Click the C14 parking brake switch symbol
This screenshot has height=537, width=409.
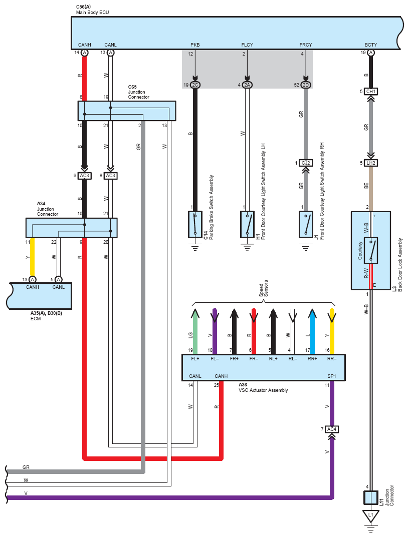pos(195,224)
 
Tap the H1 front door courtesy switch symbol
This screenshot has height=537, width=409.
pos(247,224)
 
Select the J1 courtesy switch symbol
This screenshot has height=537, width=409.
pos(306,224)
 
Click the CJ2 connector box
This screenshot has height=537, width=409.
pos(305,163)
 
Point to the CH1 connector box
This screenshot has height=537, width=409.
pos(370,92)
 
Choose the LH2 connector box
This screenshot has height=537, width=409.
pos(370,163)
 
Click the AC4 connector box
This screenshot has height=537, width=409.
pos(332,429)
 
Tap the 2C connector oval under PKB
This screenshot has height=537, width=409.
pos(195,85)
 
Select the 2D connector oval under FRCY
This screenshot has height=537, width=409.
pos(306,85)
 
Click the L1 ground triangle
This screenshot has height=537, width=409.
pos(370,515)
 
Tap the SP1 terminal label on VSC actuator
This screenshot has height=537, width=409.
pos(332,376)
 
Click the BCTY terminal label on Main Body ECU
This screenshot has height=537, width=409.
pos(370,45)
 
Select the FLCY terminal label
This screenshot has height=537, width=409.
pos(247,45)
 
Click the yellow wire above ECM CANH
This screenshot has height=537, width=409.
pos(32,257)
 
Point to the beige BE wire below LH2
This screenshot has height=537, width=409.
pos(370,189)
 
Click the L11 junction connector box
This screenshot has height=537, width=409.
pos(370,497)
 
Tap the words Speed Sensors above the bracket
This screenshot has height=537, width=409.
pos(264,289)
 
